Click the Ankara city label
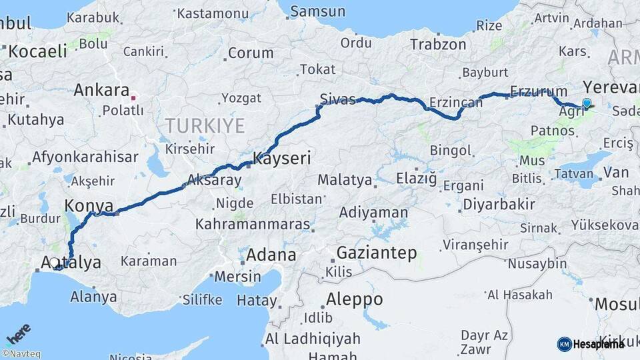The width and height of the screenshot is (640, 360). pos(101,90)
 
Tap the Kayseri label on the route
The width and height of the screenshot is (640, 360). pos(281,159)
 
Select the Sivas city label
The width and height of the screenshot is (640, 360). pos(338,99)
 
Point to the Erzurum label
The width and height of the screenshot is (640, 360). pos(538,91)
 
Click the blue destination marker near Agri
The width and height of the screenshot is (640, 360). pos(587,103)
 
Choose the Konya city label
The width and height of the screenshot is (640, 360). pos(88,205)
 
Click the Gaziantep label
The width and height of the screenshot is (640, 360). pos(377,253)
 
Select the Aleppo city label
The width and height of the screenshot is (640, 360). pos(355,298)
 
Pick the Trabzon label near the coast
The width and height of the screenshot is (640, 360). pos(438,45)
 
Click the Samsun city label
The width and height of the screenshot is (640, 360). pos(318,11)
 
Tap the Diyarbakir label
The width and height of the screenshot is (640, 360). pos(499,204)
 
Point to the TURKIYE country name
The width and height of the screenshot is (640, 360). pos(205,125)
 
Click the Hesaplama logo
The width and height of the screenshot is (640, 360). pos(591,344)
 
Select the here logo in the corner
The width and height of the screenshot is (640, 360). pos(18,332)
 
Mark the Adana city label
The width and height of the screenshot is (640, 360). pos(271,254)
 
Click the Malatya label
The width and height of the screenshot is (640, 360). pos(345,179)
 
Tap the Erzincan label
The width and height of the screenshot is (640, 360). pos(455,102)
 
